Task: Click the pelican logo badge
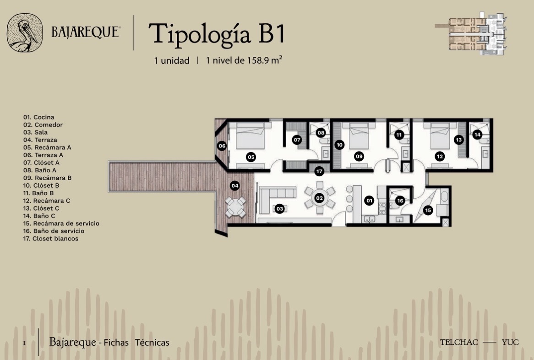[25, 33]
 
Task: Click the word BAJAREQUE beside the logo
[86, 32]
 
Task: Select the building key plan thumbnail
[471, 33]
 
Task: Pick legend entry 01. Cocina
[39, 117]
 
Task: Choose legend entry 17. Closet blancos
[51, 239]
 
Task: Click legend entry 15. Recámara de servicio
[61, 224]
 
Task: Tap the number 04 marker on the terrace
[234, 185]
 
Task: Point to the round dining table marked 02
[319, 198]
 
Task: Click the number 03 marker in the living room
[280, 209]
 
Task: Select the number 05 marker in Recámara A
[251, 157]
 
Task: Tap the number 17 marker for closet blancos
[319, 171]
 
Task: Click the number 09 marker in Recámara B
[359, 156]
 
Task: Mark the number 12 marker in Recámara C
[440, 156]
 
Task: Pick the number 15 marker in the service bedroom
[428, 210]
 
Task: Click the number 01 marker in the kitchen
[369, 201]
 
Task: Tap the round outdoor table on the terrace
[235, 207]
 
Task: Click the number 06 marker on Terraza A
[222, 146]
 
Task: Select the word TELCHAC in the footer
[459, 342]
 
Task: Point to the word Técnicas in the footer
[152, 342]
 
